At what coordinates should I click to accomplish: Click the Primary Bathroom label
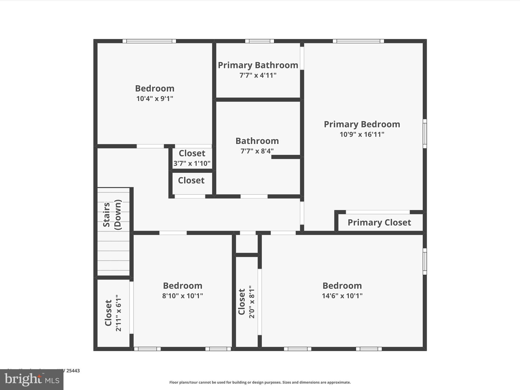click(x=258, y=65)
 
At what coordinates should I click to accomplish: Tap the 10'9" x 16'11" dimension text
click(x=362, y=135)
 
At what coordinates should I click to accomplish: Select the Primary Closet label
click(x=379, y=223)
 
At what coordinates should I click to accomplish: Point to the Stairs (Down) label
click(x=112, y=215)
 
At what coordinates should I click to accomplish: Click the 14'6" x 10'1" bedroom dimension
click(x=342, y=296)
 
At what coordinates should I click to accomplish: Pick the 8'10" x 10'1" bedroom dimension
click(x=183, y=296)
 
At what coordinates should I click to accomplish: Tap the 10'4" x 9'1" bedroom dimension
click(x=155, y=99)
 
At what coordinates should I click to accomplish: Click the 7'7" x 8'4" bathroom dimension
click(x=257, y=151)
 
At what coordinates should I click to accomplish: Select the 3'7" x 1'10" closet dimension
click(x=192, y=164)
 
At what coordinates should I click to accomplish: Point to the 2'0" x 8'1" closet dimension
click(x=252, y=302)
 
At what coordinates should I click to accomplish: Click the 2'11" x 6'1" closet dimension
click(x=119, y=313)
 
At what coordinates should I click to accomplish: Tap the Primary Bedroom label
click(x=362, y=124)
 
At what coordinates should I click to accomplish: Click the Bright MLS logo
click(x=32, y=380)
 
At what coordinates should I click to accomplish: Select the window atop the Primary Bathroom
click(x=259, y=41)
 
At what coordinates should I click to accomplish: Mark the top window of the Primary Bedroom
click(x=358, y=41)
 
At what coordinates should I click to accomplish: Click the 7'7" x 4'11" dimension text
click(x=258, y=75)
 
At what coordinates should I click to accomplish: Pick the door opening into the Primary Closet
click(x=378, y=212)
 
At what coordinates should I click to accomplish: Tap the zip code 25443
click(x=73, y=371)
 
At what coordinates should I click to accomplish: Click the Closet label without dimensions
click(x=191, y=181)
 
